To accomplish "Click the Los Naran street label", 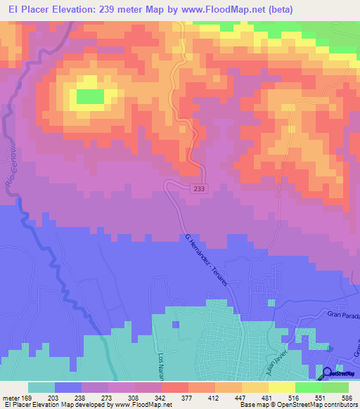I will [162, 365].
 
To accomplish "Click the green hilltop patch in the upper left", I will [89, 96].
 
